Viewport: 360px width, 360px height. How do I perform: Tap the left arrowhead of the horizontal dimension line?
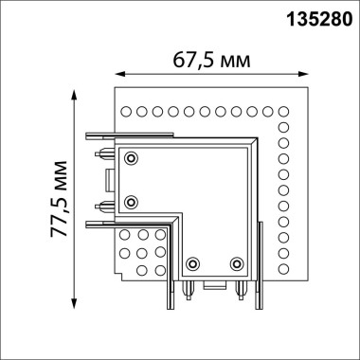click(x=117, y=74)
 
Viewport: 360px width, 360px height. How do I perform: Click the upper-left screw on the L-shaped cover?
click(x=132, y=156)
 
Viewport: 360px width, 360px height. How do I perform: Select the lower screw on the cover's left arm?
click(x=132, y=200)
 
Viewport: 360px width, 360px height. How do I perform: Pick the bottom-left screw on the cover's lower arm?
click(x=192, y=263)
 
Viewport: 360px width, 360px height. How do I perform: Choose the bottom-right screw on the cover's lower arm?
click(x=236, y=263)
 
